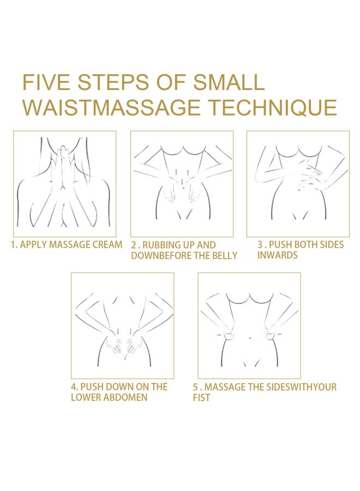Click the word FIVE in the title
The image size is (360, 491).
46,82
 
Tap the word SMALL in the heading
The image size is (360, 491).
229,82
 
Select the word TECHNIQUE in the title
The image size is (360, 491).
273,107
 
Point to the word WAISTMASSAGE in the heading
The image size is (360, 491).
111,107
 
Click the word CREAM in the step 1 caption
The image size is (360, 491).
107,244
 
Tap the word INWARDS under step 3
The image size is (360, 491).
277,255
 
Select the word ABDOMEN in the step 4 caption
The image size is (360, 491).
125,397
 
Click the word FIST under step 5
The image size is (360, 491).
201,398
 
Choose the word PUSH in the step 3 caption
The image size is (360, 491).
280,244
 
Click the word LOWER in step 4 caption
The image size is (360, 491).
86,397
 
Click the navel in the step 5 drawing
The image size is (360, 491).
249,338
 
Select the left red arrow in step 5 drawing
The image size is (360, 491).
219,335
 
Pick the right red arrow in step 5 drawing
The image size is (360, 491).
280,334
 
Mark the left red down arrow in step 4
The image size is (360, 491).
118,331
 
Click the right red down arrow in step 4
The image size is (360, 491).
130,331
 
